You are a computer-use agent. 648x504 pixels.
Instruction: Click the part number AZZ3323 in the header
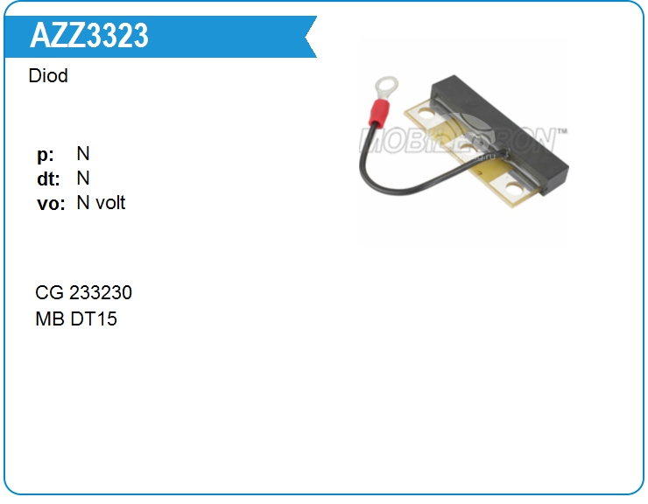click(x=89, y=36)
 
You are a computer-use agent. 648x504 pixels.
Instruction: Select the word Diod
click(x=48, y=76)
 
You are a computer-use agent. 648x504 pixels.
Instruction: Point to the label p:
click(x=46, y=155)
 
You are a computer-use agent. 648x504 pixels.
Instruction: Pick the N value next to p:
click(x=83, y=154)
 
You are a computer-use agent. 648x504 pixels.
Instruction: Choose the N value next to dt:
click(x=83, y=178)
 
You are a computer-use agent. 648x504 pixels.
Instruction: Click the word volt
click(x=110, y=203)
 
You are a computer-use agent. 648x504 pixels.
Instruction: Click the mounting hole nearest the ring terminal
click(x=426, y=114)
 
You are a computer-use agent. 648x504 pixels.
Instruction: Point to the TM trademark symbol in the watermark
click(x=561, y=131)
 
